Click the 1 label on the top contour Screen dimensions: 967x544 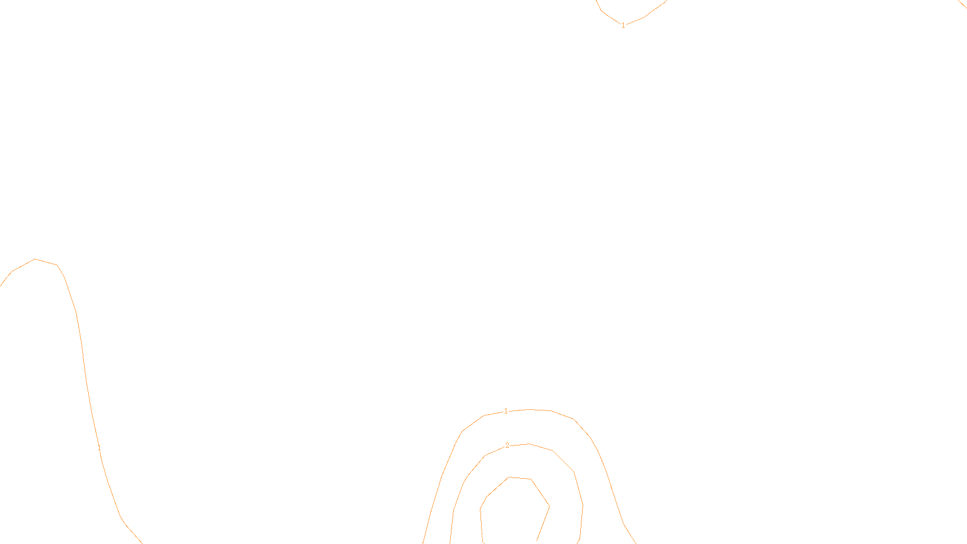coord(623,25)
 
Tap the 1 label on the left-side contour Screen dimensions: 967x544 coord(99,448)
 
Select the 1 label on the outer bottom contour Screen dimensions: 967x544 coord(506,411)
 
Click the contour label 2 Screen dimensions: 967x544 coord(507,445)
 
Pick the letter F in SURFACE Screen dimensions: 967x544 coord(483,534)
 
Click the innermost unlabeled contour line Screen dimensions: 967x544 coord(509,478)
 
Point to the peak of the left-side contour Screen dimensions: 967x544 coord(35,259)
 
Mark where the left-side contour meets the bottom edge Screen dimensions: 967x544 coord(141,542)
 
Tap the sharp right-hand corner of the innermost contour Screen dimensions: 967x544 coord(549,506)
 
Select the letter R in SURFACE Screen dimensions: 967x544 coord(479,534)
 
